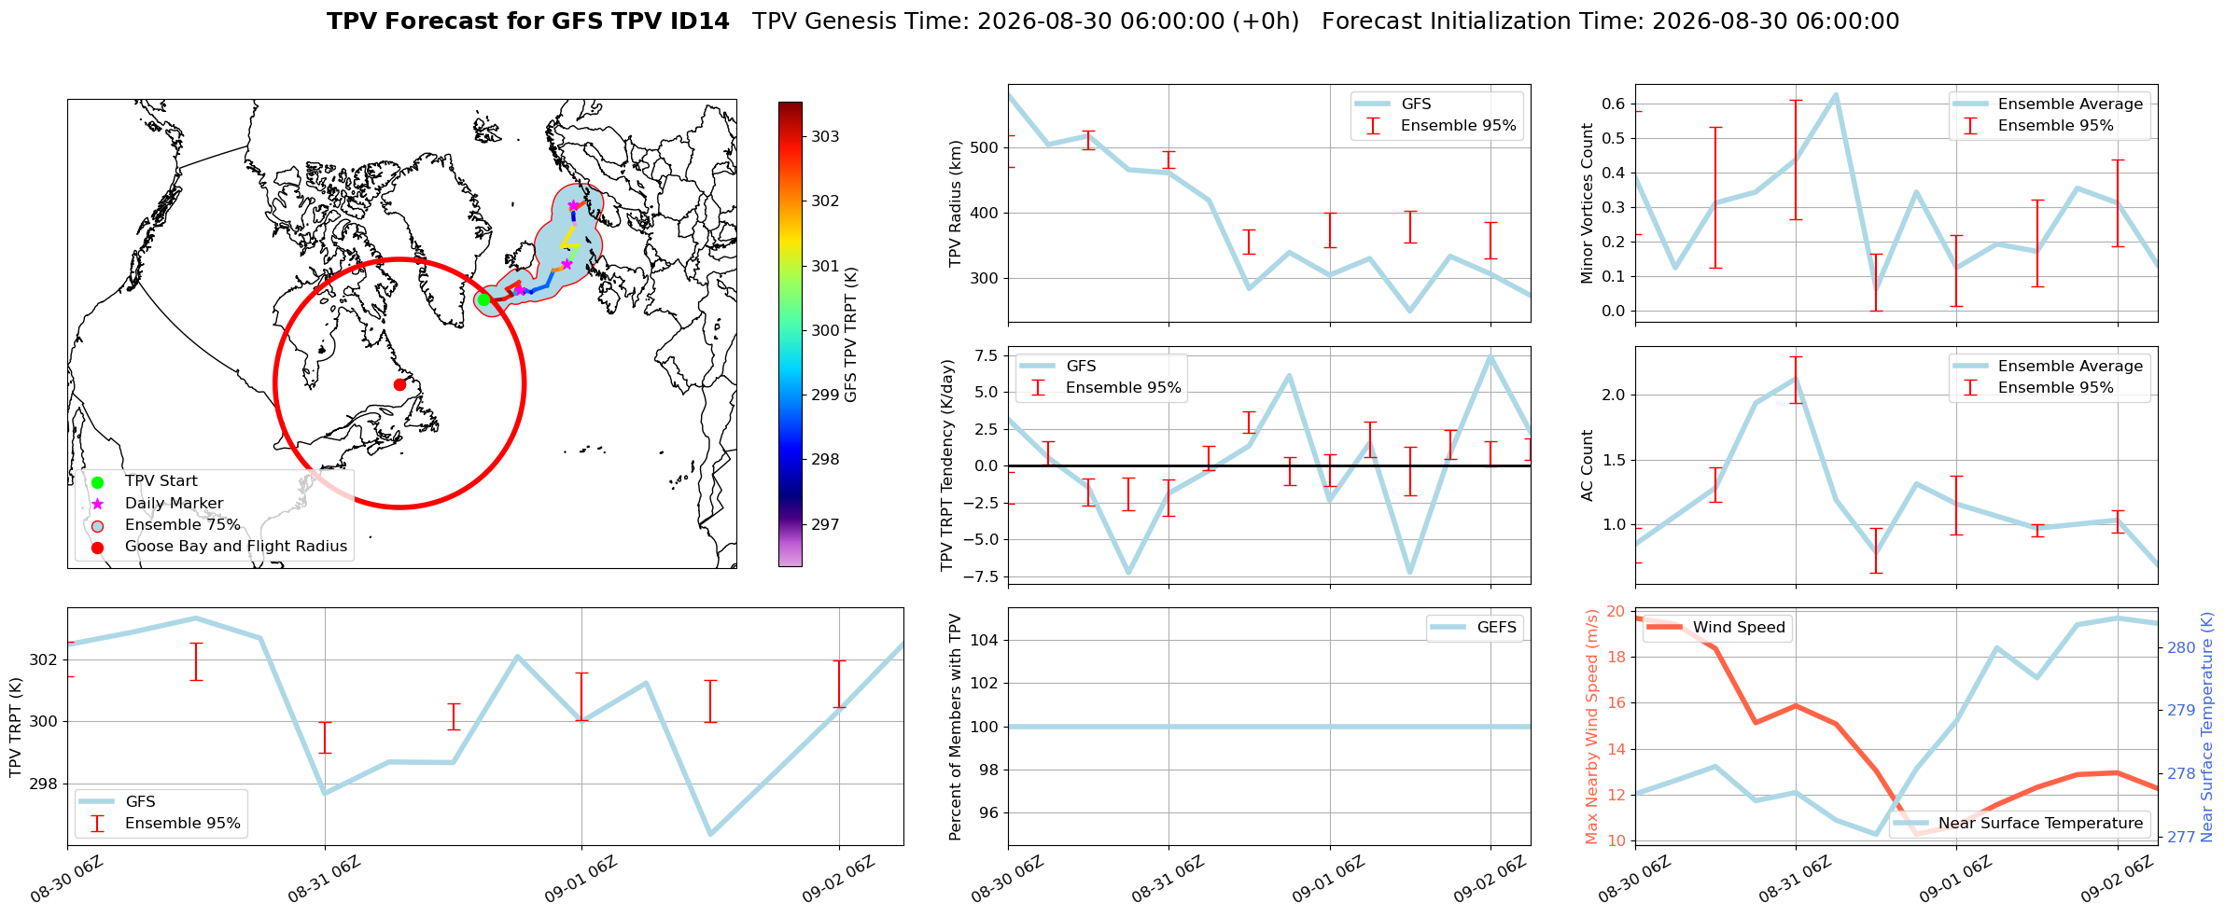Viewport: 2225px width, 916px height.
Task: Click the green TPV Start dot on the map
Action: (x=483, y=299)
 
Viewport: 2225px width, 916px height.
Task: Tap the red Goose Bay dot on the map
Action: (x=399, y=384)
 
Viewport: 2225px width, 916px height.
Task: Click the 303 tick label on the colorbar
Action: (x=825, y=136)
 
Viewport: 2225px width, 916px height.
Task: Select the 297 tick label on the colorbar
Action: (x=825, y=524)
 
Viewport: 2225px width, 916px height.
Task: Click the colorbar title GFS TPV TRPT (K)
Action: (x=850, y=335)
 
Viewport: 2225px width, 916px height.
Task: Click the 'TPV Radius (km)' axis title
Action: (x=955, y=203)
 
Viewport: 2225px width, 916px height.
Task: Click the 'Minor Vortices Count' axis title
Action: (x=1587, y=203)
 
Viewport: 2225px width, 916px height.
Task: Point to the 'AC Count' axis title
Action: (x=1587, y=465)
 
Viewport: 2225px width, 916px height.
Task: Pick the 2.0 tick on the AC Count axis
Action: (x=1613, y=395)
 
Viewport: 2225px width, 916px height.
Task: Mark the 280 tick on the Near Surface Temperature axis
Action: (x=2180, y=647)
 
